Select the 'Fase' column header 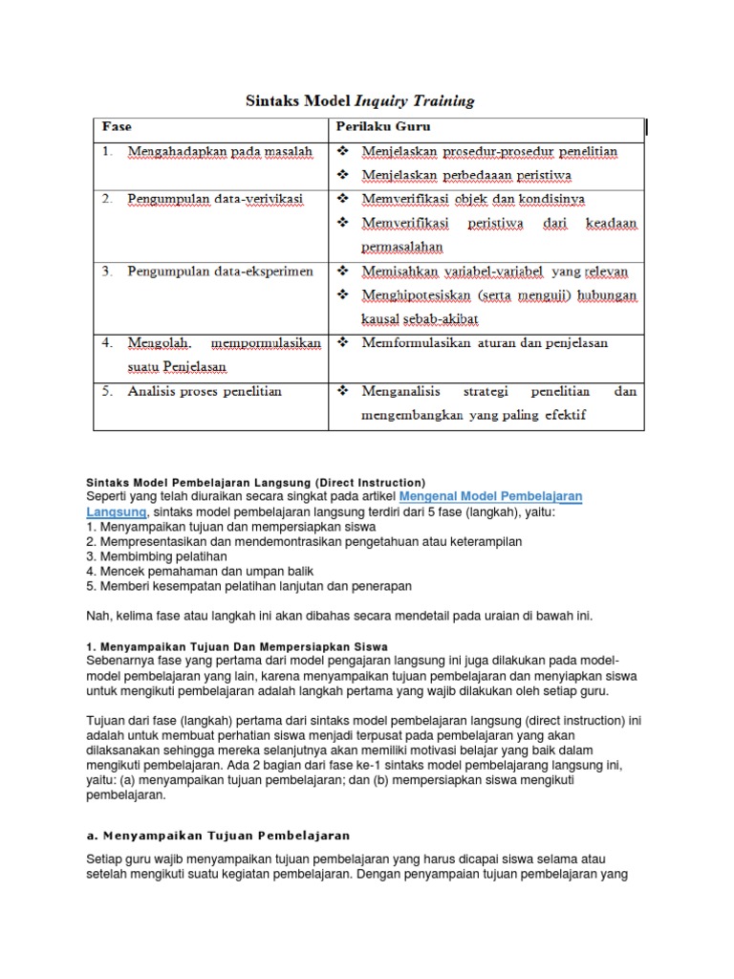pos(118,126)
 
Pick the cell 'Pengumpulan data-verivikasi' pos(215,199)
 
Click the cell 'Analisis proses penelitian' pos(205,391)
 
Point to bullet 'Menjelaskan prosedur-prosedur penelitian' pos(489,152)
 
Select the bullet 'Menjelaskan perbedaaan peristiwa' pos(470,176)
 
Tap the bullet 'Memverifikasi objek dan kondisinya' pos(473,199)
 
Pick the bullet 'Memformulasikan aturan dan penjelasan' pos(485,342)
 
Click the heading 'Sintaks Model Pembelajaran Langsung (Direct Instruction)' pos(250,482)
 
